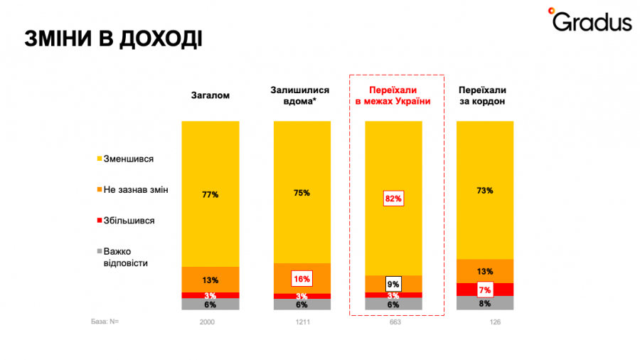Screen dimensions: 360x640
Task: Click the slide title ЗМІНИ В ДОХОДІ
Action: tap(113, 38)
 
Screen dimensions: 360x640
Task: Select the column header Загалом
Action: tap(210, 96)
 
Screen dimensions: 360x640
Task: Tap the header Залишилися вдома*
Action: tap(300, 96)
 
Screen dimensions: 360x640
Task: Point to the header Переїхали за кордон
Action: tap(483, 96)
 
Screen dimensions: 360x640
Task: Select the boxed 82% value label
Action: tap(393, 198)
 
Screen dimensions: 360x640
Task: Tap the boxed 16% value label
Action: tap(301, 278)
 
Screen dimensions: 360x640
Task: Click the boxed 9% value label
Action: tap(393, 285)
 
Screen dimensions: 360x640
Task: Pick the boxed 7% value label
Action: tap(484, 290)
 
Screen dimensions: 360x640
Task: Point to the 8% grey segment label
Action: tap(484, 304)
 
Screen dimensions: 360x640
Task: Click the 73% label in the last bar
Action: tap(484, 191)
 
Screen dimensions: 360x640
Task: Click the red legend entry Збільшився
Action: tap(129, 221)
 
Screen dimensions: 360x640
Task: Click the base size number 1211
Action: tap(302, 322)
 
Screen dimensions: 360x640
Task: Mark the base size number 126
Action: tap(484, 322)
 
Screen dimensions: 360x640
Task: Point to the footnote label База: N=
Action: tap(105, 322)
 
